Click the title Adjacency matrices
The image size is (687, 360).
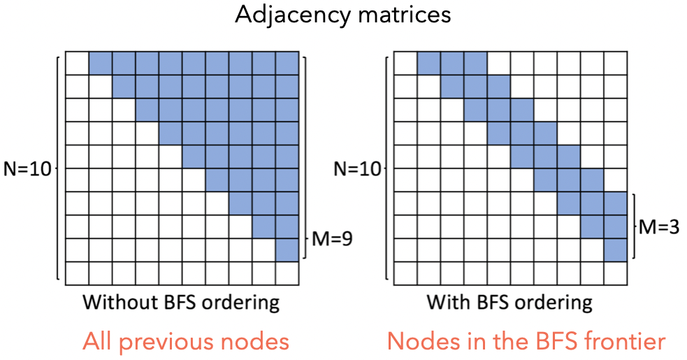click(x=342, y=15)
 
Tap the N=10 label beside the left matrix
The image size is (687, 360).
click(x=27, y=168)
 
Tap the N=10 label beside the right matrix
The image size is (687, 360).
click(x=357, y=168)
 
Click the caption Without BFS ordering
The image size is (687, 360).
click(x=181, y=303)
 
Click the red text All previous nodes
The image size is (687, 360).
click(x=185, y=342)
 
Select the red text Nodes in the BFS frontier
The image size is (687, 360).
click(x=526, y=342)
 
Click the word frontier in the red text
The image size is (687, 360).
click(x=620, y=342)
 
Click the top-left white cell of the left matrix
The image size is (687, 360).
click(x=76, y=64)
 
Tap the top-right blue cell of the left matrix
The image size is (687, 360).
click(x=287, y=64)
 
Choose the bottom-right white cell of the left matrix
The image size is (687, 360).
click(x=287, y=273)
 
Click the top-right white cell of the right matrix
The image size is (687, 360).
click(x=616, y=64)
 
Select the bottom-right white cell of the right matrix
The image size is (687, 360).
click(x=616, y=273)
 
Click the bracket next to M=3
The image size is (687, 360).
click(x=632, y=226)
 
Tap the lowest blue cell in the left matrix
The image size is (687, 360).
click(x=287, y=250)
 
